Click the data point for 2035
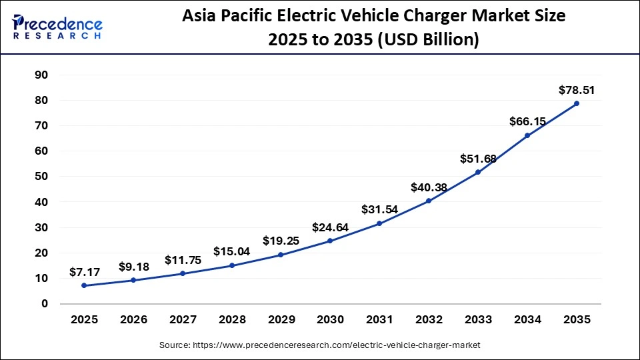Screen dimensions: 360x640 click(x=576, y=103)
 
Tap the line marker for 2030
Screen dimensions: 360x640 click(x=330, y=241)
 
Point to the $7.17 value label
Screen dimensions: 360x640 click(x=85, y=272)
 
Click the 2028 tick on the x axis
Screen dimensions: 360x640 click(x=231, y=320)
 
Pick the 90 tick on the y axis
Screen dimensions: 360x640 click(x=41, y=75)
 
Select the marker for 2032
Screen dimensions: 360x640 click(x=429, y=201)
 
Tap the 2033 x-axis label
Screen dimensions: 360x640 click(x=478, y=320)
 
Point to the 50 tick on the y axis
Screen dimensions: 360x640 click(x=41, y=177)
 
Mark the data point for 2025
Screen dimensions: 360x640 click(x=84, y=285)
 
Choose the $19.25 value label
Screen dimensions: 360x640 click(x=281, y=241)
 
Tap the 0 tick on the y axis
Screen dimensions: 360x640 click(x=45, y=304)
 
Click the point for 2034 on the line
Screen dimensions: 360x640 click(x=527, y=135)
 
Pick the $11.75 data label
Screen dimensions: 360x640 click(x=182, y=260)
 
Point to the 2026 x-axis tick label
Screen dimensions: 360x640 click(x=133, y=320)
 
